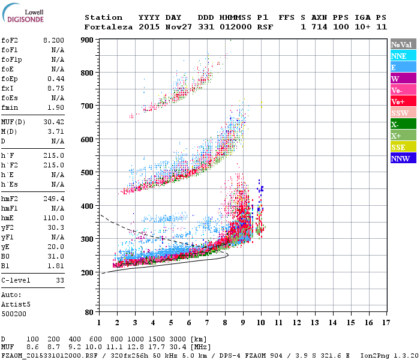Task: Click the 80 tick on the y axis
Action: (x=89, y=312)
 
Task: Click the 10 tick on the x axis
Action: (x=260, y=322)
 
